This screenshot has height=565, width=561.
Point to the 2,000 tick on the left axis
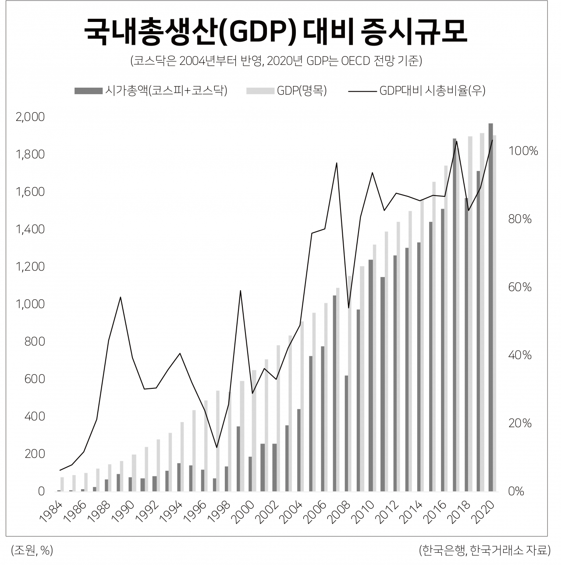click(30, 117)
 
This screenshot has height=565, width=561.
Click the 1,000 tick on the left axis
click(30, 304)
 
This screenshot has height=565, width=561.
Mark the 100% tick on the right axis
click(522, 151)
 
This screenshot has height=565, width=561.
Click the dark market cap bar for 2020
click(490, 307)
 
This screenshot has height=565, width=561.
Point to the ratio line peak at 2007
click(336, 163)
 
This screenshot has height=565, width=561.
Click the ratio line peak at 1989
click(121, 297)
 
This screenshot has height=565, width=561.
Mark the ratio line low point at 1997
click(216, 447)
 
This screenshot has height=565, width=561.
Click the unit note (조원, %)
click(32, 551)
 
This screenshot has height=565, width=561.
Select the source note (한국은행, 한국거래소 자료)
click(484, 551)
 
